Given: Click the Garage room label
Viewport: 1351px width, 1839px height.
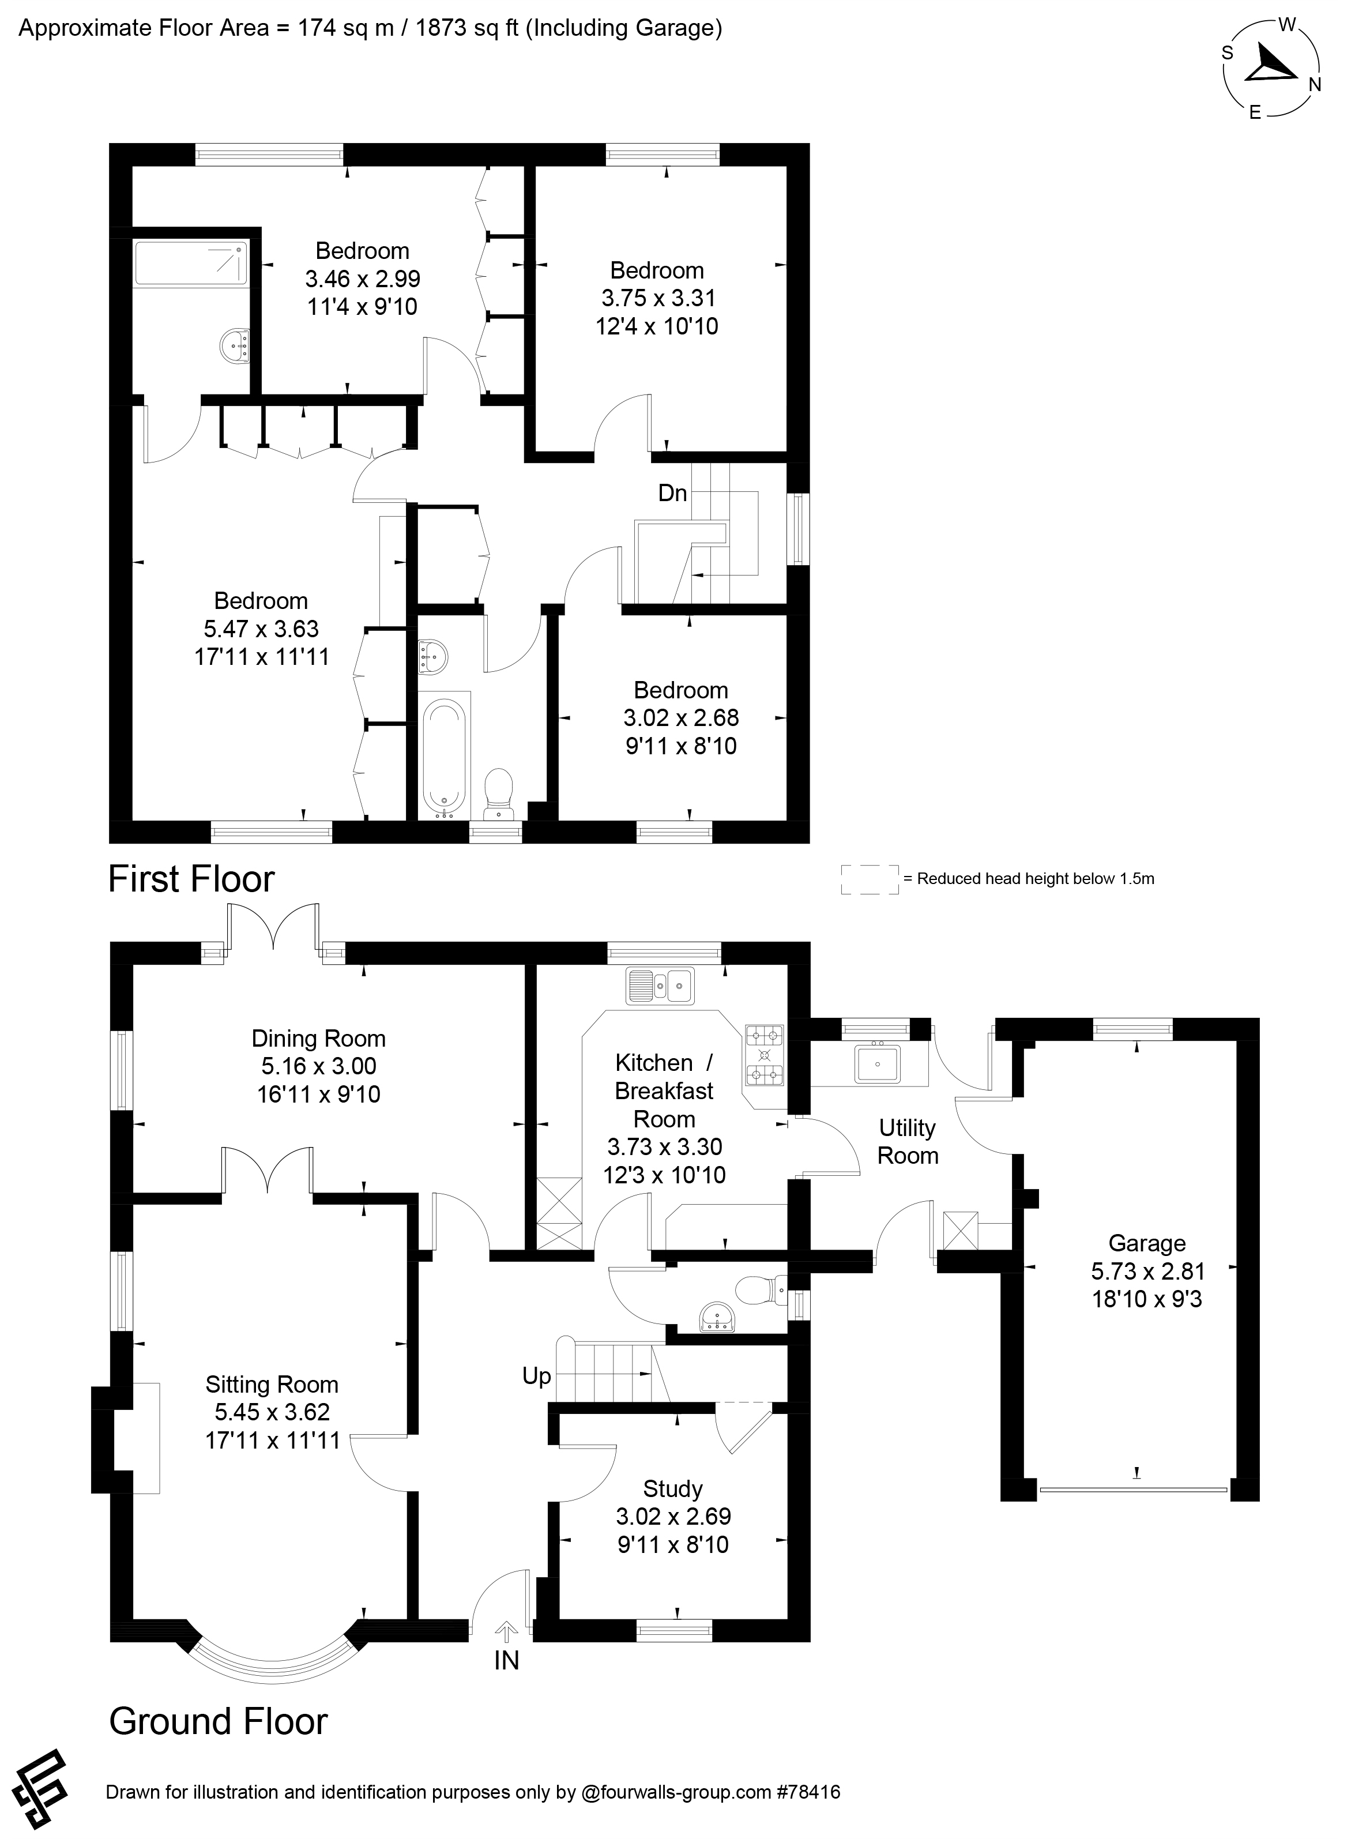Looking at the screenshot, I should pos(1146,1244).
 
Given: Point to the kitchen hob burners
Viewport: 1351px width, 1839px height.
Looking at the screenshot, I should pos(763,1056).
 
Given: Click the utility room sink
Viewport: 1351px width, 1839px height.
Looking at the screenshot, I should pos(878,1065).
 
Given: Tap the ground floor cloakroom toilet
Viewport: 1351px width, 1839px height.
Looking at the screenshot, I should pos(757,1292).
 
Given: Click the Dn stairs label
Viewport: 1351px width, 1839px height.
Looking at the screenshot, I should pos(672,493).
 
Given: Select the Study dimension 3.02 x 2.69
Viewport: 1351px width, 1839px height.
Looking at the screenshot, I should pos(673,1516).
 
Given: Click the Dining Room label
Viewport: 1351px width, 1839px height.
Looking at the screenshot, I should pos(318,1039).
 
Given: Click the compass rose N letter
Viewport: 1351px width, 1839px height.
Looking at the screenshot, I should pos(1315,85).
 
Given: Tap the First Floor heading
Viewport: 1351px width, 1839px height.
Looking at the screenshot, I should pos(191,880).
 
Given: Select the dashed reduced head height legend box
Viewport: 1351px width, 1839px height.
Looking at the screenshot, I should pos(870,879).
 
